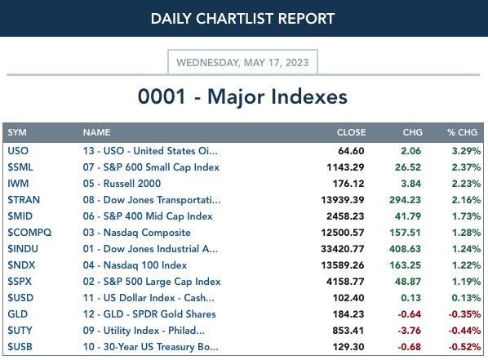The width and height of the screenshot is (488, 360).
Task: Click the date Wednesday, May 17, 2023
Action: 242,63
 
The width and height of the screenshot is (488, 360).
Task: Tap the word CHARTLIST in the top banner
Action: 234,19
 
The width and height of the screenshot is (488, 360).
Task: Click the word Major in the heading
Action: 236,97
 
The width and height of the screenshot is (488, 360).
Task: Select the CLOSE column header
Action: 351,132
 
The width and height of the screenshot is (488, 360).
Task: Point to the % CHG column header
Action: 462,132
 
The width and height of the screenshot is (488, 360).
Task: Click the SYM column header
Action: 17,132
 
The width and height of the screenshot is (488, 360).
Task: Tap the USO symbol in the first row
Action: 18,151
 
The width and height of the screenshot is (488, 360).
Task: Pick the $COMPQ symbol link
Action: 29,233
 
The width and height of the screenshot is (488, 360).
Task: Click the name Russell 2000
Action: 132,184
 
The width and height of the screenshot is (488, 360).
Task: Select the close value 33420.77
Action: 343,249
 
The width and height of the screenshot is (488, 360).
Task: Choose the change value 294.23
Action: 405,200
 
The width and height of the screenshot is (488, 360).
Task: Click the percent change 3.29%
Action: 466,151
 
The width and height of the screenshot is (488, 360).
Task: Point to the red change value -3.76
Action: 410,331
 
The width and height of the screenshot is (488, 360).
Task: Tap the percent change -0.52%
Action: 464,347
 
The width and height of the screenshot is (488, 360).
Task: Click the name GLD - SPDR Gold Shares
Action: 159,314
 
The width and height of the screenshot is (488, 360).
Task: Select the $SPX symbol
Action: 20,282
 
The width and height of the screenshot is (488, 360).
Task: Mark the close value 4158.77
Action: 345,282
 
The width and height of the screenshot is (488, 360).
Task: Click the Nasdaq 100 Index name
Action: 145,265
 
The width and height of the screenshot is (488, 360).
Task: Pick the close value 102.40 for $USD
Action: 348,298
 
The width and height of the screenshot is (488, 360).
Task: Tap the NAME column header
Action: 96,132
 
